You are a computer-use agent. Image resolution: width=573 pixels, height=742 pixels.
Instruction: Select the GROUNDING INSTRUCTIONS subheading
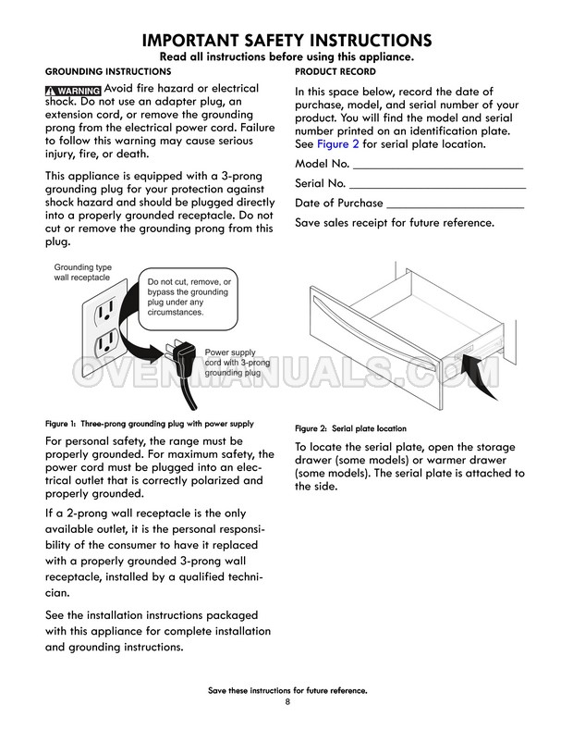click(x=107, y=71)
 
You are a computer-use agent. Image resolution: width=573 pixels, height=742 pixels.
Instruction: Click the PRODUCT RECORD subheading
click(x=335, y=71)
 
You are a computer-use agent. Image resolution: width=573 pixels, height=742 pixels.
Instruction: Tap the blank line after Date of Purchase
click(x=455, y=204)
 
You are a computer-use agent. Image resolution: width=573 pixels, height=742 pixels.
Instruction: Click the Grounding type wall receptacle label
click(x=82, y=272)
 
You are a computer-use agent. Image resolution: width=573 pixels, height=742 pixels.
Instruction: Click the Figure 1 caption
click(x=149, y=423)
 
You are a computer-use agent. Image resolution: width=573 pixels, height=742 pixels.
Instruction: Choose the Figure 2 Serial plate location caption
click(x=350, y=429)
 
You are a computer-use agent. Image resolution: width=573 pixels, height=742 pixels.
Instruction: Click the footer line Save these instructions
click(x=287, y=691)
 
